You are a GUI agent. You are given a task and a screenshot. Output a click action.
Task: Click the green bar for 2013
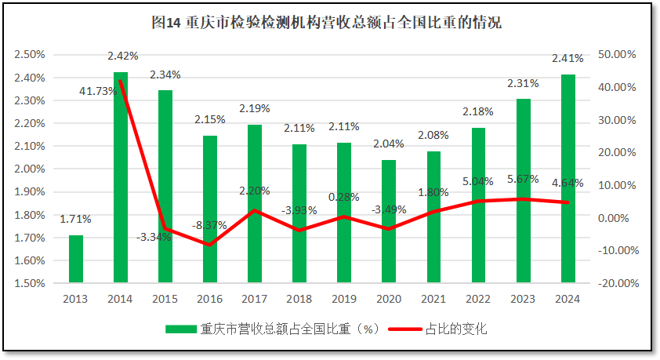coord(76,259)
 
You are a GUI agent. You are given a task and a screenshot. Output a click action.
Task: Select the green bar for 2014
coord(121,177)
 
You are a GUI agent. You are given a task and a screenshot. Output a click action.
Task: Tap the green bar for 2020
coord(389,221)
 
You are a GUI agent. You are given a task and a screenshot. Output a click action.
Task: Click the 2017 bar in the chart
coord(255,204)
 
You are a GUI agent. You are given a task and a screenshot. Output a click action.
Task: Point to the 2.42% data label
coord(123,56)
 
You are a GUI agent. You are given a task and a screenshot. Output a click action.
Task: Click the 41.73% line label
coord(98,91)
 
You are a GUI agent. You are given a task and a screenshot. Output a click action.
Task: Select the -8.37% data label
coord(210,225)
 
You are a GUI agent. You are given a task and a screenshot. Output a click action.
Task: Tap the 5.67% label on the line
coord(523,179)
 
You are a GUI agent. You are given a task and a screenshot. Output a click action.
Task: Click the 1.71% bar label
coord(76,219)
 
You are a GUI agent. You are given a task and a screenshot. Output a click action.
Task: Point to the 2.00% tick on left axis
coord(29,169)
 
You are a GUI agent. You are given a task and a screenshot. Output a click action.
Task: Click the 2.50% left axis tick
coord(29,55)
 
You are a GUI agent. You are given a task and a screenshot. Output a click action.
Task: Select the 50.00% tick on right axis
coord(616,55)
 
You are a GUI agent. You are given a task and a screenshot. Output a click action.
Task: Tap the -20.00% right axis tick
coord(616,283)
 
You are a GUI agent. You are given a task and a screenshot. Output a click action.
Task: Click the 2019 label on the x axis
coord(344,299)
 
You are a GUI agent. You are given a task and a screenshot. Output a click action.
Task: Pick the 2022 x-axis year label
coord(478,299)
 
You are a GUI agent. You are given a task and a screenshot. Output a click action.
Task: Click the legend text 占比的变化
coord(456,329)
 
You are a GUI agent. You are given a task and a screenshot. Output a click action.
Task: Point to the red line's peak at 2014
coord(120,81)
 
